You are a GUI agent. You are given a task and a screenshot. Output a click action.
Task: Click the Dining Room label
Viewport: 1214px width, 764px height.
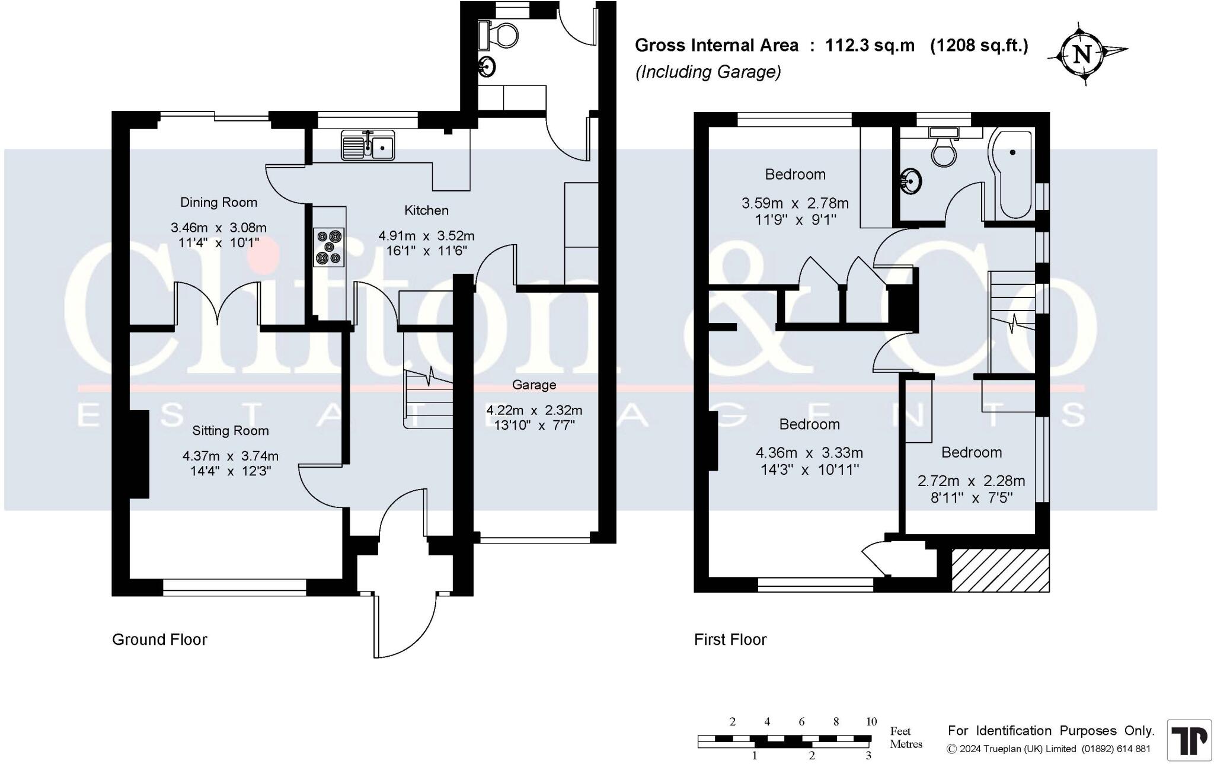pos(219,202)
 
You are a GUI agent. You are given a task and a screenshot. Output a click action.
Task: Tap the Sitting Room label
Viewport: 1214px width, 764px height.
pos(230,431)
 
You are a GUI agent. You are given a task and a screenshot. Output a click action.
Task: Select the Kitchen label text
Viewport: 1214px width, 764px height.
pos(426,210)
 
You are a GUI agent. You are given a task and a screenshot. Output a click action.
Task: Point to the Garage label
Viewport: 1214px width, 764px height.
pos(534,385)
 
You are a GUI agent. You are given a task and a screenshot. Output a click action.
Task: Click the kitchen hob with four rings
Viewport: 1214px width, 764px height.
pos(329,247)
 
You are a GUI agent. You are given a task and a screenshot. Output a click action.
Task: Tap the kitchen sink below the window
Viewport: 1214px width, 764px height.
pos(368,145)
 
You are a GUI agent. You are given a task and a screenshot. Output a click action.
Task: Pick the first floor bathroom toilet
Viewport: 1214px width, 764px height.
pos(943,146)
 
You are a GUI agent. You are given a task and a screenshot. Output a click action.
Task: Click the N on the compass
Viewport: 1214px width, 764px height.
pos(1082,55)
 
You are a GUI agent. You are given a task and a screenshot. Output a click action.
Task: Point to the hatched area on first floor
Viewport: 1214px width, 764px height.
pos(1001,570)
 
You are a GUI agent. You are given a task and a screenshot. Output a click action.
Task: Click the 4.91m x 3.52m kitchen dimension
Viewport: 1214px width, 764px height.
pos(426,236)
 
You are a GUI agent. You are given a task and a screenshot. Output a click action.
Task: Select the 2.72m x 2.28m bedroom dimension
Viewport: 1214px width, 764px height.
pos(971,481)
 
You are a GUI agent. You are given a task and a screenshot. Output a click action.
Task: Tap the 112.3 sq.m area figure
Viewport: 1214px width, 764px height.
pos(870,46)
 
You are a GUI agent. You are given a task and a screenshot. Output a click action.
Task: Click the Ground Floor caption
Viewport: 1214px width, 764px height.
pos(159,640)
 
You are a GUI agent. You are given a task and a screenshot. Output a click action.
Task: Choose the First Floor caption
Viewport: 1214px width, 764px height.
pos(730,640)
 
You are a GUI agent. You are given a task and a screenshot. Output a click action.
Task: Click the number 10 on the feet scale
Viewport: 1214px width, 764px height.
pos(871,722)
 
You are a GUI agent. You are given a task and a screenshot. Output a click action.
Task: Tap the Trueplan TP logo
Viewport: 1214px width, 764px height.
pos(1189,740)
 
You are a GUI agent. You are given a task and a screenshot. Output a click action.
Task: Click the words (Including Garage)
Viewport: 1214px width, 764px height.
pos(708,72)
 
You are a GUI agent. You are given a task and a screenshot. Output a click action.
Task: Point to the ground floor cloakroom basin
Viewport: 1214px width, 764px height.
pos(487,66)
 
